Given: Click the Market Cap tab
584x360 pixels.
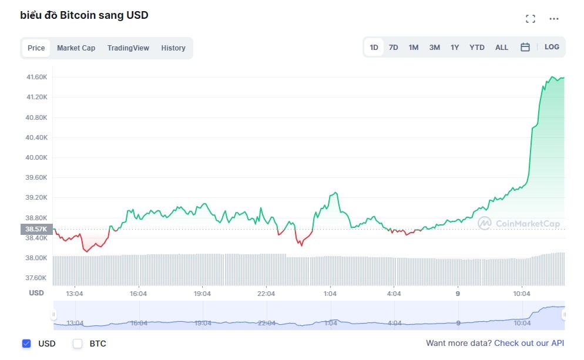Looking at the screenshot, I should click(76, 48).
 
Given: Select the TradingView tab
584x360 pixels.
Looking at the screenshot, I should click(128, 48).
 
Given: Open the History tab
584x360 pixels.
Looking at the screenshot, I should click(173, 48).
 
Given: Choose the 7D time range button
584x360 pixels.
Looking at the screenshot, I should click(394, 48).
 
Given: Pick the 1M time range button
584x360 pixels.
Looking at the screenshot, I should click(414, 48).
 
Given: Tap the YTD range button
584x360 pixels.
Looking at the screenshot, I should click(477, 48).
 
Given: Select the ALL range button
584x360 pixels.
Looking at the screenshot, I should click(502, 48).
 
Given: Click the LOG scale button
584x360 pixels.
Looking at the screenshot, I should click(552, 47).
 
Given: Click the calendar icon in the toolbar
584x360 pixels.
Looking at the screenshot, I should click(525, 48).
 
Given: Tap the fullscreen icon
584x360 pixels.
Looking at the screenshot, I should click(531, 19).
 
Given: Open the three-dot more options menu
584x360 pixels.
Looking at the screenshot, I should click(554, 19).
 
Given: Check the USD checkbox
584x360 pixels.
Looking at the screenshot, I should click(26, 344).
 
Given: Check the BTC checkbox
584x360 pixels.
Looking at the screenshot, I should click(78, 344).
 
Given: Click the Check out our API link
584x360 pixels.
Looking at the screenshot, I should click(529, 343).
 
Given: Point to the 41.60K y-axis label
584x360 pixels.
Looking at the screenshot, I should click(36, 77).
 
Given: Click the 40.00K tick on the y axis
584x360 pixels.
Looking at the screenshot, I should click(36, 157).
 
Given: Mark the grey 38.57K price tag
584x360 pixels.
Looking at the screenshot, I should click(37, 229).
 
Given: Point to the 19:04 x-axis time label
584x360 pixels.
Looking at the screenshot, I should click(202, 294).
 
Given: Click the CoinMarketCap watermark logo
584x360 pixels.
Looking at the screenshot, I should click(519, 223).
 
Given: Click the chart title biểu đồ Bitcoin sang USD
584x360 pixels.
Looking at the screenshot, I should click(84, 15).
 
